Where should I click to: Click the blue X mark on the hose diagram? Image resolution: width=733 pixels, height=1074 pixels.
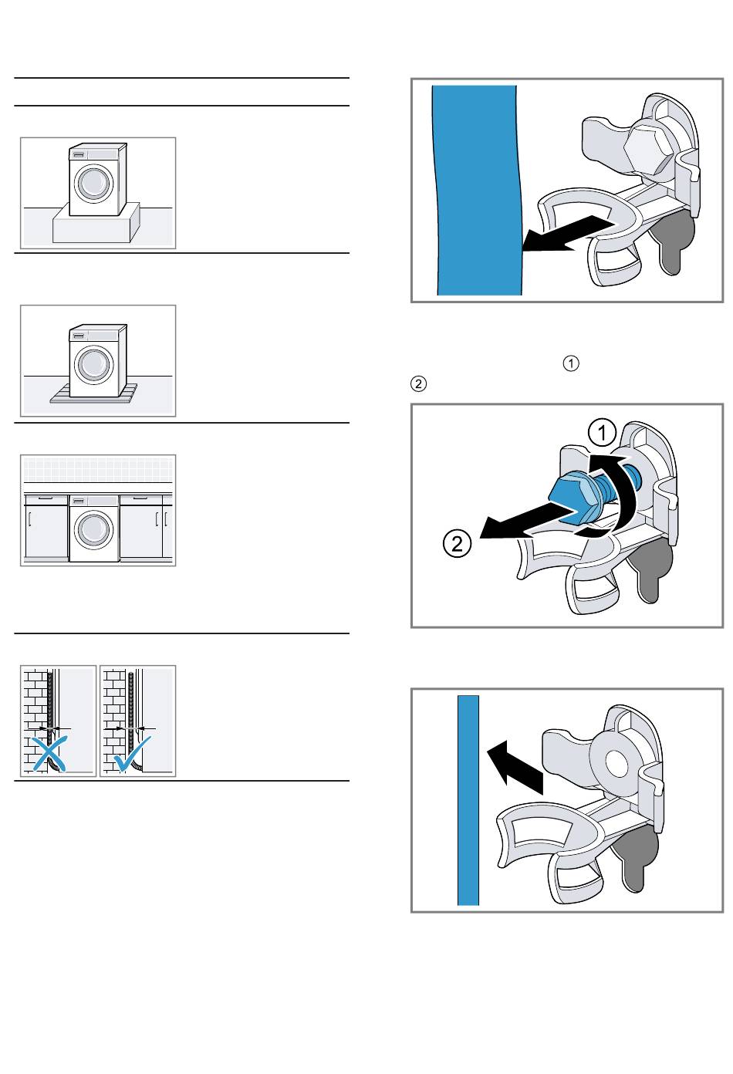coord(49,755)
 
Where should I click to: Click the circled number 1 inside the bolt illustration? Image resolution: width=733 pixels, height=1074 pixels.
coord(602,433)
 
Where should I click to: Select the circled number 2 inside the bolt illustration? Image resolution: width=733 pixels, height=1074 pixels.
coord(457,543)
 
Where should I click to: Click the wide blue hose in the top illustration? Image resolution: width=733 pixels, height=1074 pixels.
coord(477,191)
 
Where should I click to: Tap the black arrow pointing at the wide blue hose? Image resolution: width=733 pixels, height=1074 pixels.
coord(568,234)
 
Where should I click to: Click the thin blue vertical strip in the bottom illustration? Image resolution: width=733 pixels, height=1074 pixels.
coord(468,800)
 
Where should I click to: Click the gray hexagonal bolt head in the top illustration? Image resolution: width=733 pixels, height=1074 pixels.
coord(647,147)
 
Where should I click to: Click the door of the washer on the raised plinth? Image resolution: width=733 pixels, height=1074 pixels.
coord(94,182)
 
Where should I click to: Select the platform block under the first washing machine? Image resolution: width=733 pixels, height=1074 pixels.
coord(96,223)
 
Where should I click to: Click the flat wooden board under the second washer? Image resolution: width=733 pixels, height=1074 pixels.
coord(93,393)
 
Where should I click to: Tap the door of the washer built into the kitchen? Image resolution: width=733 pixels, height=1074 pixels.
coord(94,529)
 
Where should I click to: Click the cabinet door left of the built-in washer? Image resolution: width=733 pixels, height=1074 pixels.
coord(46,527)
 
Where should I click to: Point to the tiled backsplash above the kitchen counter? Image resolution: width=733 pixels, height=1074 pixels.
coord(98,469)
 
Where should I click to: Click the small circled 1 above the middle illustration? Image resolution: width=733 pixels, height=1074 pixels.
coord(570,363)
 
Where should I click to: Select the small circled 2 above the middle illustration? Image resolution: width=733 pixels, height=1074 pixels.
coord(418,384)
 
